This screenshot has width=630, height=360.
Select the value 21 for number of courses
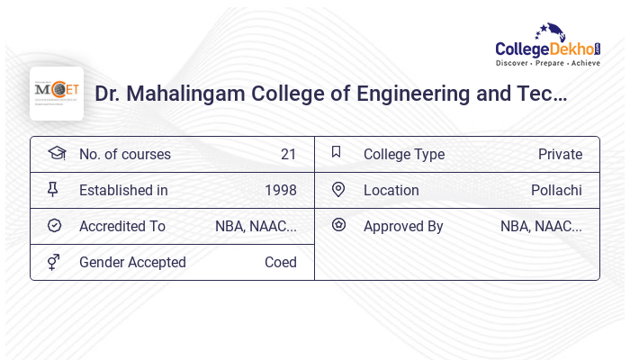pos(288,154)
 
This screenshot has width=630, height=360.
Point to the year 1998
pos(280,190)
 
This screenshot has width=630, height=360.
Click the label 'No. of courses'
pos(124,154)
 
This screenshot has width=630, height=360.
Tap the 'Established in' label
pos(123,190)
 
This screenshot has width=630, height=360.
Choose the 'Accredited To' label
pos(122,226)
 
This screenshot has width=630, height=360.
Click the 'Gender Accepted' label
pos(132,262)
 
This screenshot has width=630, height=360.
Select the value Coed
pos(280,262)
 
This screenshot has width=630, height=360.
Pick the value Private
pos(560,154)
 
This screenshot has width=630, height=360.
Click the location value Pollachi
pos(556,190)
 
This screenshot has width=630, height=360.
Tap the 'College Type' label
pos(404,154)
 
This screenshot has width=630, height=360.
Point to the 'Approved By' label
pos(403,226)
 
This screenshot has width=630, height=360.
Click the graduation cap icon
pos(56,153)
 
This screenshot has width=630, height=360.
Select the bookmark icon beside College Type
pos(337,152)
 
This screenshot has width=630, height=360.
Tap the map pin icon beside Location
pos(338,189)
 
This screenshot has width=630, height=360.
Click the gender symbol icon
pos(54,262)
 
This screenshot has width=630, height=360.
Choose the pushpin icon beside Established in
pos(53,189)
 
